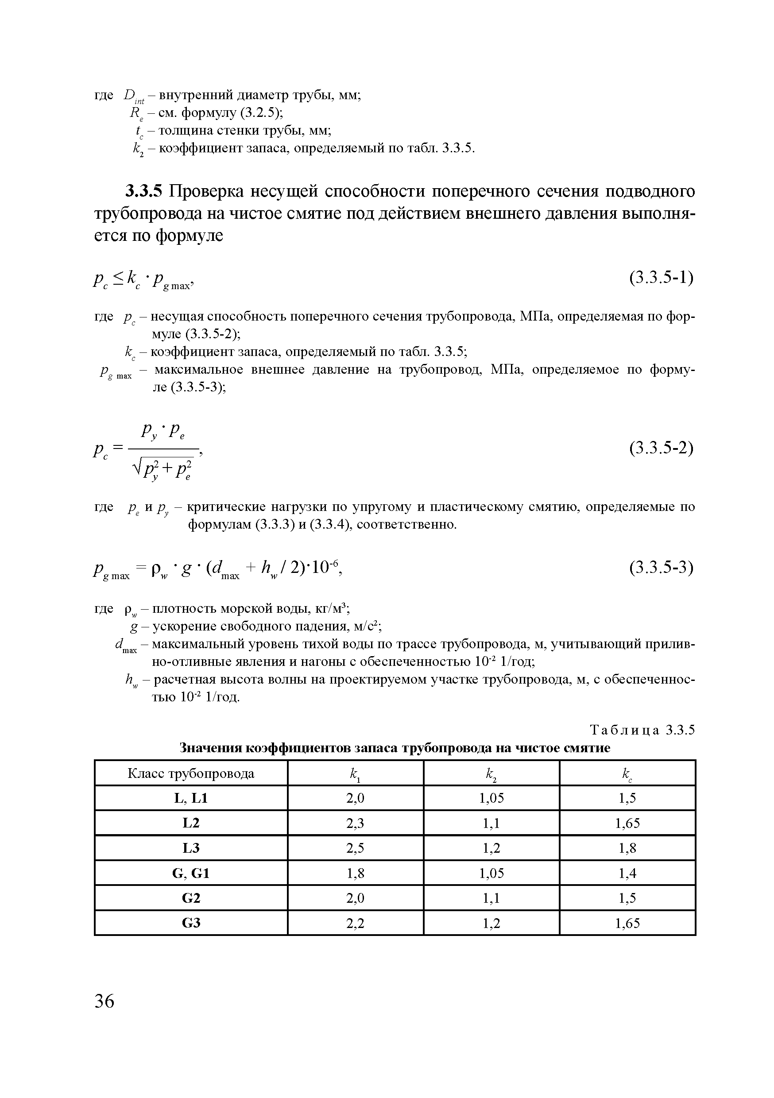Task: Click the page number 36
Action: tap(104, 1001)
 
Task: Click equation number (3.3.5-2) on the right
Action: tap(661, 448)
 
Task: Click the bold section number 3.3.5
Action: tap(143, 191)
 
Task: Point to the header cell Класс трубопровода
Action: tap(191, 774)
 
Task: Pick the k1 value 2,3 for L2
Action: tap(355, 823)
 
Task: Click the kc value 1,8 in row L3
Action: tap(627, 848)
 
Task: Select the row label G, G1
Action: tap(191, 873)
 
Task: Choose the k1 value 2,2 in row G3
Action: tap(355, 923)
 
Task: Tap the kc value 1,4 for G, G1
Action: tap(627, 873)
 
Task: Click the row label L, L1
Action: tap(191, 798)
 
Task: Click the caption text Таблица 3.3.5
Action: tap(642, 730)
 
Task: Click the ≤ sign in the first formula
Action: tap(119, 276)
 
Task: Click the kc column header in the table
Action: tap(627, 774)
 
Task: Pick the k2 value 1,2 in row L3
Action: tap(491, 848)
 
